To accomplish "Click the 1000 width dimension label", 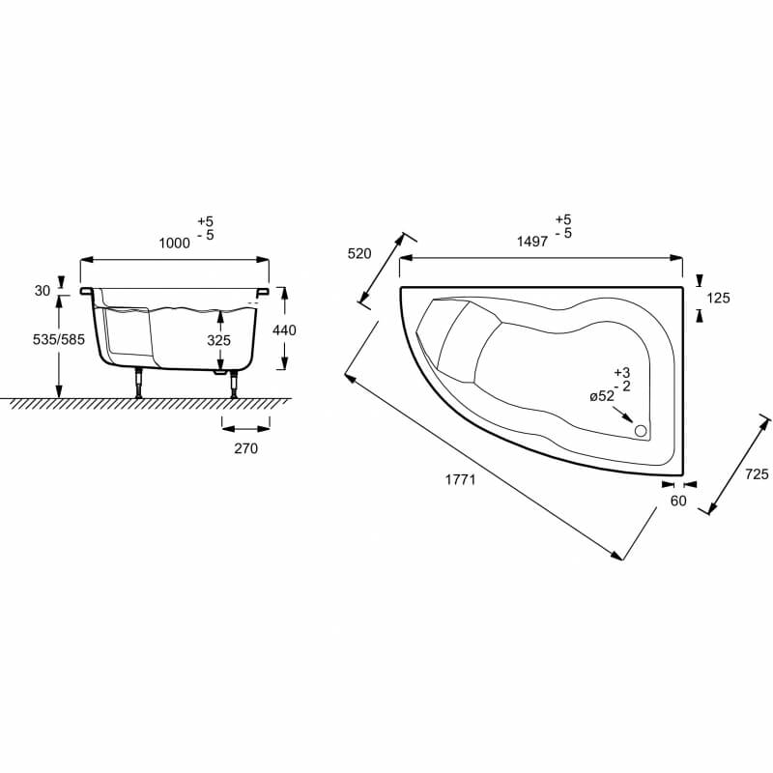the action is click(175, 243).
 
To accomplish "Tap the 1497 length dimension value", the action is click(532, 241).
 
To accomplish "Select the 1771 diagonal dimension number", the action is click(461, 479).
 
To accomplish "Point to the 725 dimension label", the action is click(757, 473).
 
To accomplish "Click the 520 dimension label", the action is click(359, 253).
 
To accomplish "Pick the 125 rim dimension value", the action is click(718, 298).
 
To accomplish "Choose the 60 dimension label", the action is click(678, 501).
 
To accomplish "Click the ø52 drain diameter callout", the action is click(602, 396).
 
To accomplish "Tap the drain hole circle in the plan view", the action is click(641, 431).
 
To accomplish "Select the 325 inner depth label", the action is click(219, 340).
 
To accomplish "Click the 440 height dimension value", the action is click(284, 329).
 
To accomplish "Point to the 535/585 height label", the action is click(59, 339).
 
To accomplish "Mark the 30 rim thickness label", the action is click(43, 291).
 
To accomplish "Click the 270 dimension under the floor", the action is click(246, 448).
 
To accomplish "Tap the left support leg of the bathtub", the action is click(139, 383).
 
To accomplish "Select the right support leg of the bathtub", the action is click(234, 383).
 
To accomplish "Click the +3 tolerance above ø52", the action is click(622, 373).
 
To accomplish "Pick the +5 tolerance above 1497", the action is click(563, 219).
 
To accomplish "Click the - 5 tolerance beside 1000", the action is click(206, 235).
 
